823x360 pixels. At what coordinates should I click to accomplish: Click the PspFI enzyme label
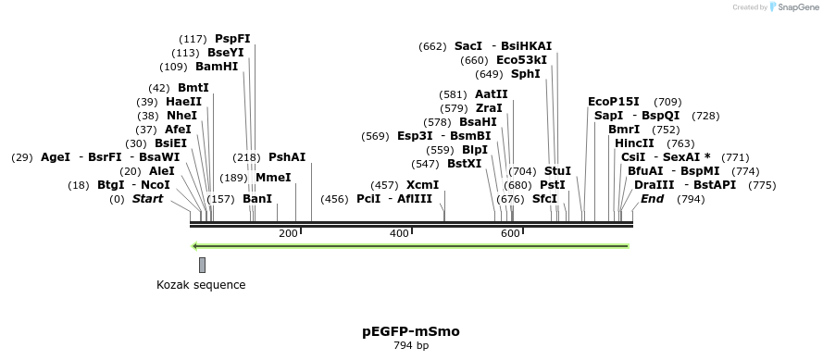[x=232, y=39]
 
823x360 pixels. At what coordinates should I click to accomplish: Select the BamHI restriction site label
[x=217, y=67]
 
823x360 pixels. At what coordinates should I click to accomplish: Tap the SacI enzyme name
[x=468, y=46]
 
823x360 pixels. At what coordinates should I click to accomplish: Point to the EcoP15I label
[x=613, y=102]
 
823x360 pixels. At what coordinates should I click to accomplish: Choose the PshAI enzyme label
[x=286, y=157]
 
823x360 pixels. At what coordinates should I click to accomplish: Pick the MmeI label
[x=273, y=178]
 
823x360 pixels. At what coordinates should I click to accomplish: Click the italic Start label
[x=147, y=199]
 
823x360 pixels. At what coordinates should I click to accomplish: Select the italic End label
[x=653, y=199]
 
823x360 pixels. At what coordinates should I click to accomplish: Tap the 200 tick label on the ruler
[x=288, y=233]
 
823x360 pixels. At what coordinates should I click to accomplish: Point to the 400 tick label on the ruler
[x=399, y=233]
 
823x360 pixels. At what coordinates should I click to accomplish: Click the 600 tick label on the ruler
[x=510, y=233]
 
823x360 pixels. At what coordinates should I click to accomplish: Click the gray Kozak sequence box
[x=202, y=265]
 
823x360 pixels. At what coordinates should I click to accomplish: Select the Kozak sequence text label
[x=201, y=285]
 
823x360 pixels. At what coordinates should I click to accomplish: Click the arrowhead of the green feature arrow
[x=194, y=246]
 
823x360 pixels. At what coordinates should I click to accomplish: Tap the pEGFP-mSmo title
[x=410, y=330]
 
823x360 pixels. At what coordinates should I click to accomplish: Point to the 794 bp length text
[x=410, y=346]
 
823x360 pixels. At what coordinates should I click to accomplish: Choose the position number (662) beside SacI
[x=432, y=46]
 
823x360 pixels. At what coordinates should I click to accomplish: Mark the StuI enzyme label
[x=557, y=171]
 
